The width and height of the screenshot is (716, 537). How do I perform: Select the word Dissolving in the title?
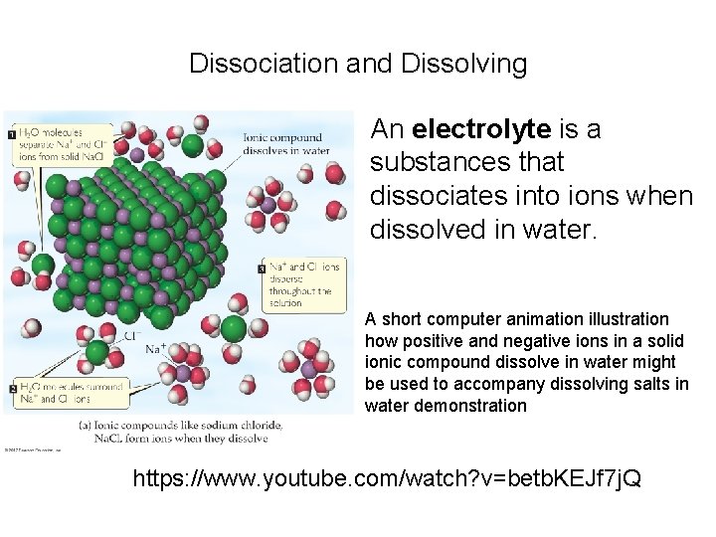[x=464, y=65]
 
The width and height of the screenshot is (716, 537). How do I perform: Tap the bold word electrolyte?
[x=481, y=129]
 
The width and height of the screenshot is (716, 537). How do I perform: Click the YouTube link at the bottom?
[x=387, y=479]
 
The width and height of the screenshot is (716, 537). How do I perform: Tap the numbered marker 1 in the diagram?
[x=11, y=132]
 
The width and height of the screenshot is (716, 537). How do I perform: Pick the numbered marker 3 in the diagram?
[x=262, y=268]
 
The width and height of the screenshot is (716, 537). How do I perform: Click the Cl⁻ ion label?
[x=131, y=335]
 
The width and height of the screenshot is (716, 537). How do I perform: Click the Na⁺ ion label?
[x=156, y=349]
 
